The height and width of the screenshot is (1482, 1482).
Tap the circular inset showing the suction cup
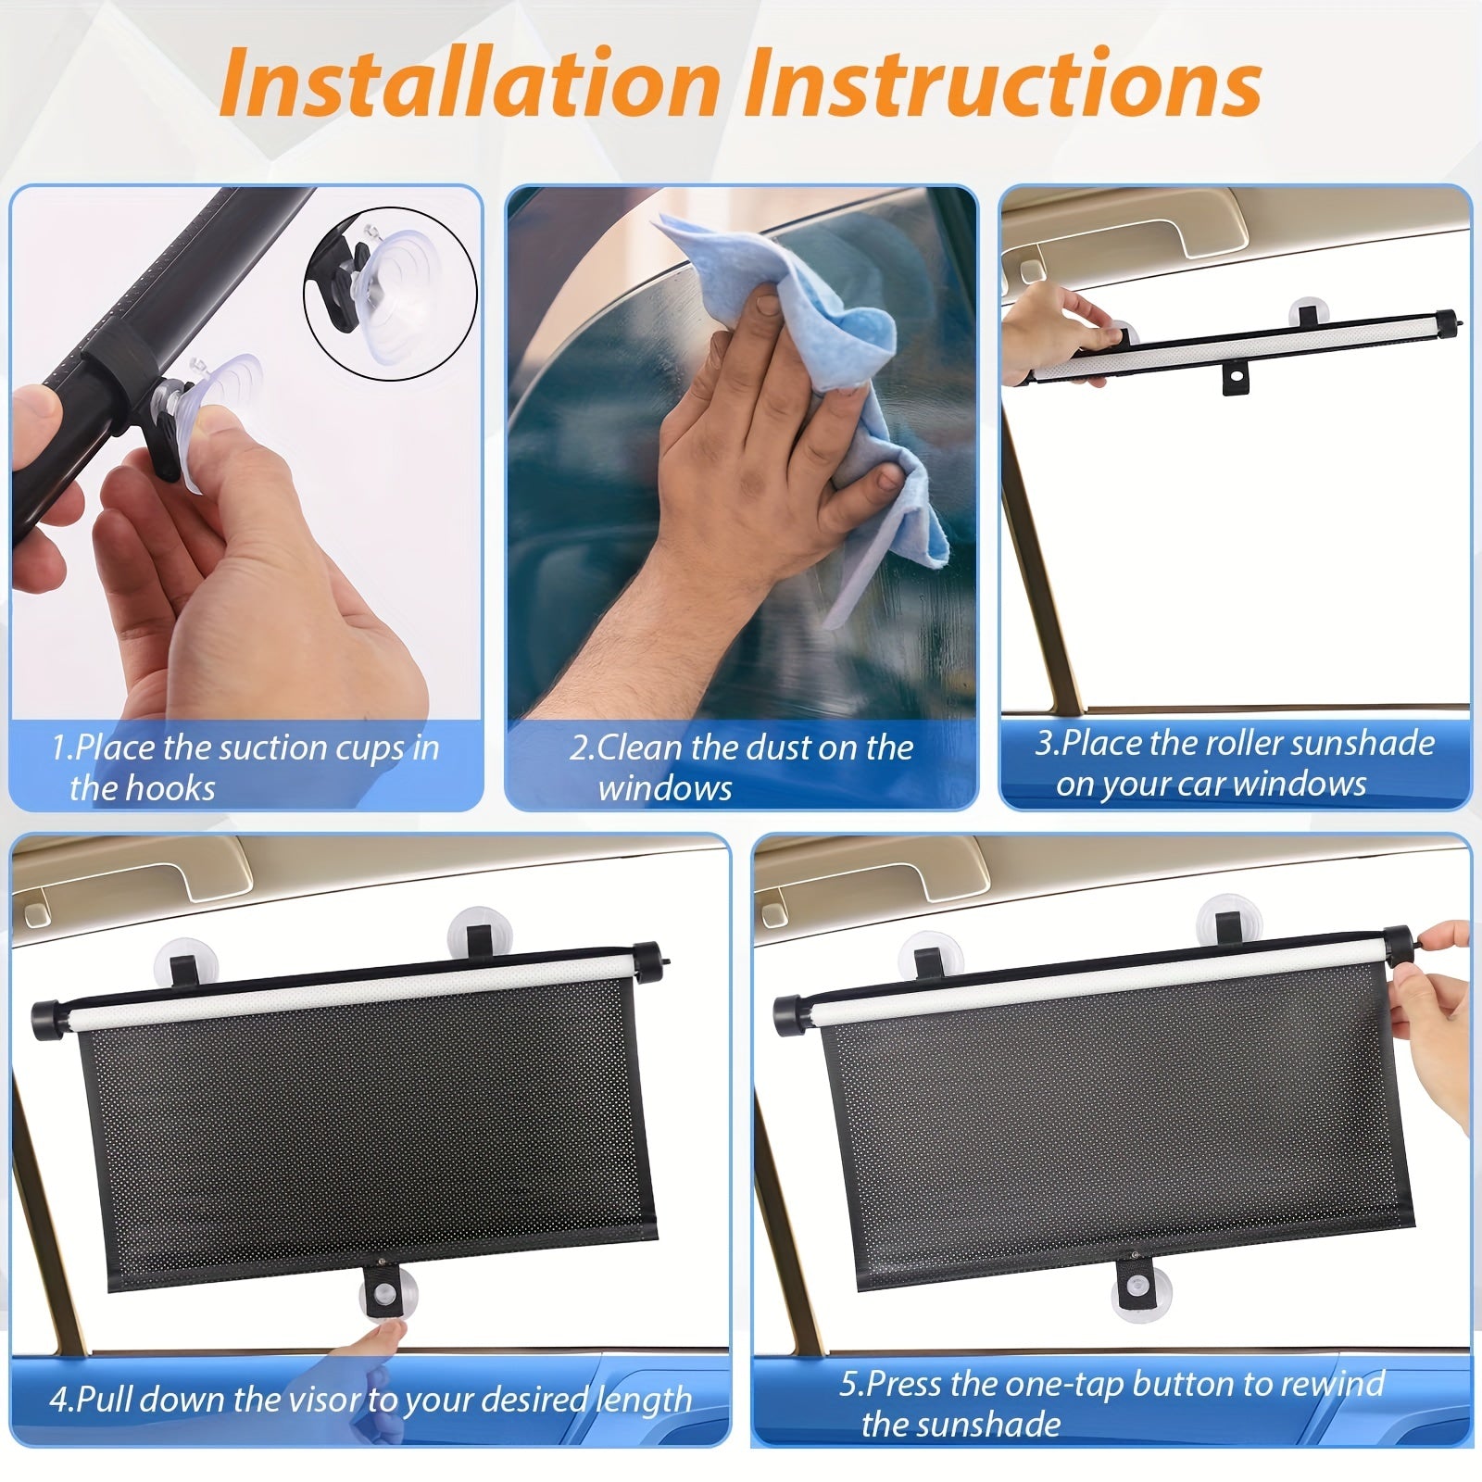pos(390,293)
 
